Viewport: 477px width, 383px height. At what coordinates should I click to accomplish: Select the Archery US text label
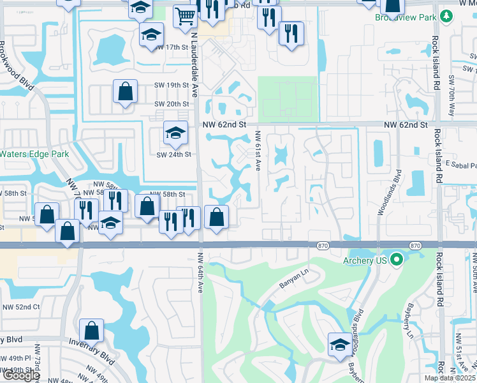pos(366,260)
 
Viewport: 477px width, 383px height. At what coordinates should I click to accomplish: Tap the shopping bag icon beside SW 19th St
pos(125,91)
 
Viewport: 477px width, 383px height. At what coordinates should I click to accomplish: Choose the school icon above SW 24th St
pos(175,133)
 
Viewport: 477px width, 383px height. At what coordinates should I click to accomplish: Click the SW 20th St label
pos(172,104)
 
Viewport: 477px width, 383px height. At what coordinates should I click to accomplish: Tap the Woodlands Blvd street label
pos(389,191)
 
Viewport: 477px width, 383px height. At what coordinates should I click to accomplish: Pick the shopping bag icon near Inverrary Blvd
pos(91,330)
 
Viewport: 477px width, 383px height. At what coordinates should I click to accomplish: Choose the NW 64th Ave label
pos(200,272)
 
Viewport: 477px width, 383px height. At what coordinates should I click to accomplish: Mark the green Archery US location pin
pos(398,259)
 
